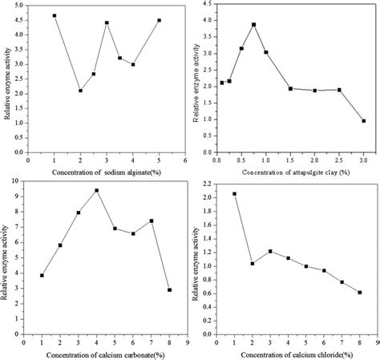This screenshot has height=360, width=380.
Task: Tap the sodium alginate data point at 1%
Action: (55, 15)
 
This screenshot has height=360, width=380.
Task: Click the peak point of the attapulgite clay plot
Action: (253, 24)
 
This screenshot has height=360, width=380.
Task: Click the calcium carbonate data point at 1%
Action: (42, 275)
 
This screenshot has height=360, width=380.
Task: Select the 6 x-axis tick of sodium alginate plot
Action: (186, 160)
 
